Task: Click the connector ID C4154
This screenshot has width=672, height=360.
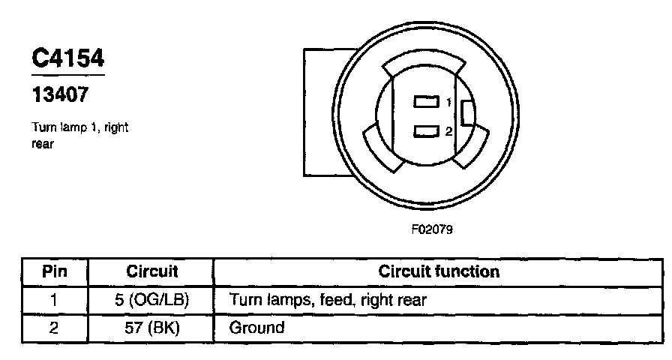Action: pyautogui.click(x=67, y=59)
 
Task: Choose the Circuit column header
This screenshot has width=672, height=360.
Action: pyautogui.click(x=151, y=271)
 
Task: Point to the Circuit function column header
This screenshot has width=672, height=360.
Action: pyautogui.click(x=439, y=271)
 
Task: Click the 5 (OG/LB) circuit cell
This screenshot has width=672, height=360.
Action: pyautogui.click(x=151, y=300)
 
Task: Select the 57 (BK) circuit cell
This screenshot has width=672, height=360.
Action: pyautogui.click(x=151, y=328)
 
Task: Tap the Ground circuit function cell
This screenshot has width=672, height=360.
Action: pyautogui.click(x=256, y=328)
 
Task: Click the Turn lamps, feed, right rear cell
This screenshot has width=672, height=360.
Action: pyautogui.click(x=328, y=300)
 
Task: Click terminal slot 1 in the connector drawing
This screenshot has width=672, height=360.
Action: pyautogui.click(x=424, y=102)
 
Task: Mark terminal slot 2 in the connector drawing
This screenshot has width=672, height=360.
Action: pyautogui.click(x=424, y=132)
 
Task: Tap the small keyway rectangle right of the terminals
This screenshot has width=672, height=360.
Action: pyautogui.click(x=467, y=113)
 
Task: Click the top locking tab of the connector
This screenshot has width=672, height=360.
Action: pyautogui.click(x=424, y=66)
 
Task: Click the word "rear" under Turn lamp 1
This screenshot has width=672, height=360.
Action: pyautogui.click(x=42, y=145)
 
